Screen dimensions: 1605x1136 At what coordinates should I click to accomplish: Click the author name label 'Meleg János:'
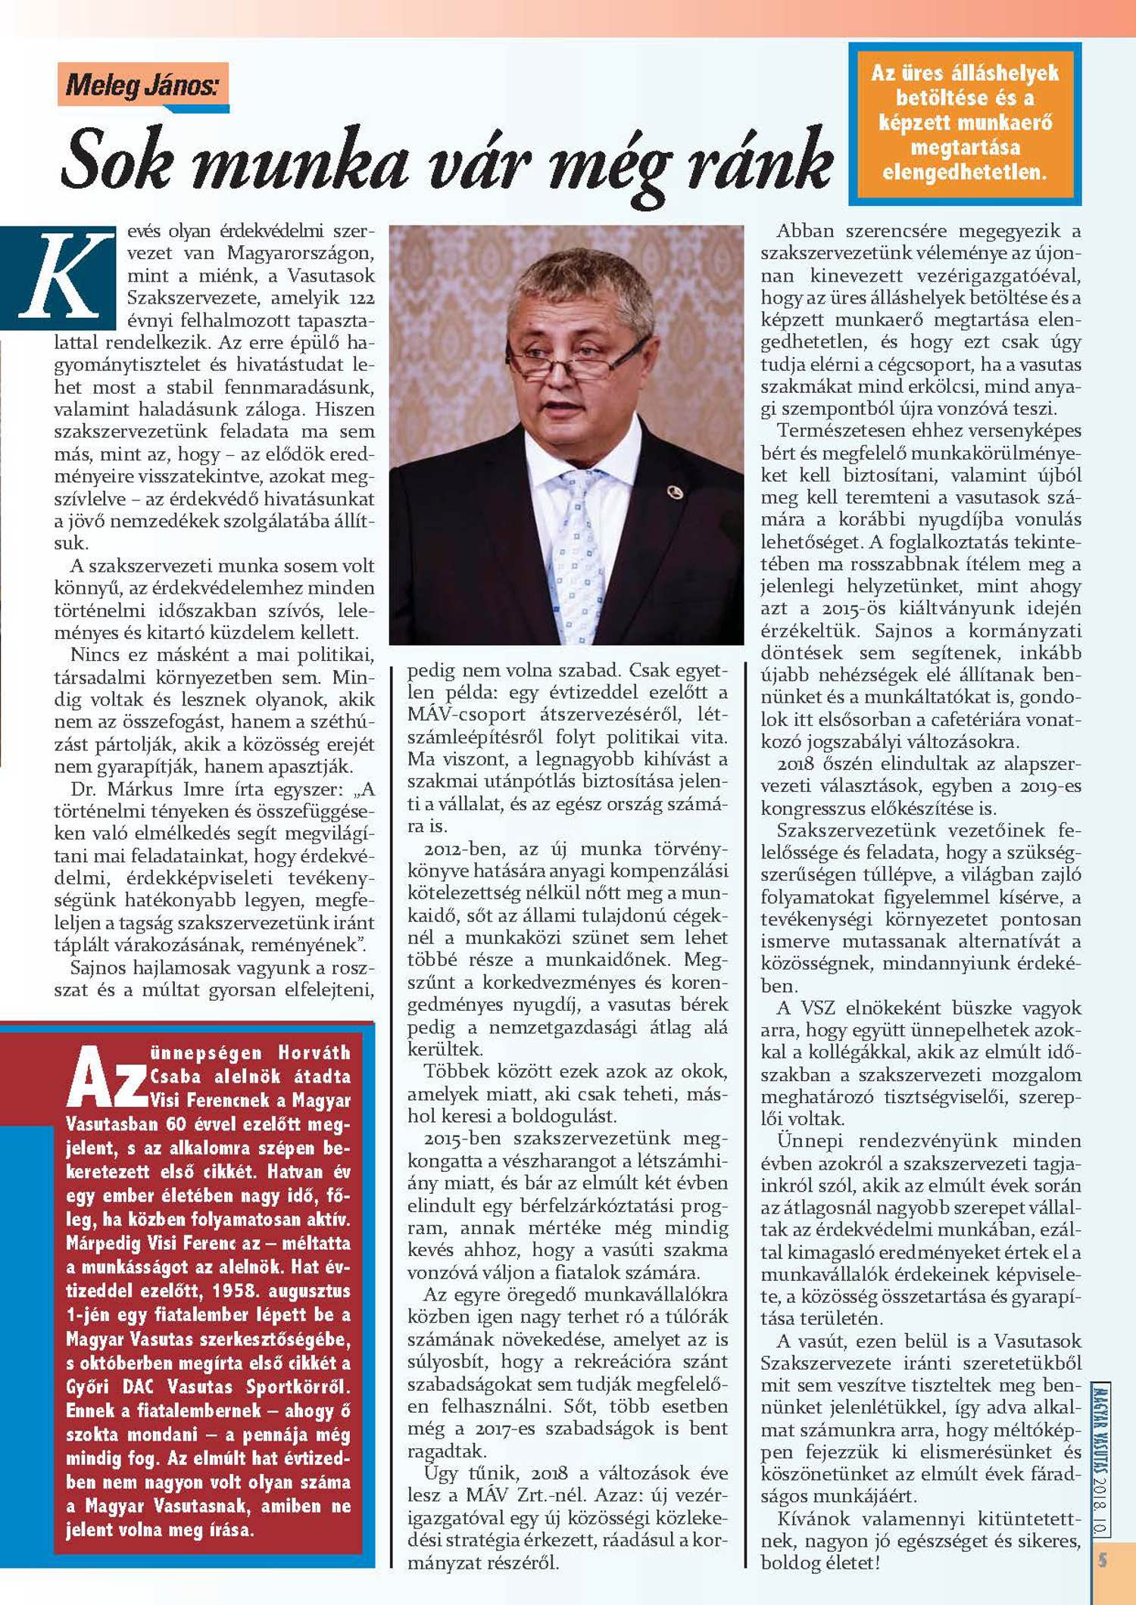[142, 84]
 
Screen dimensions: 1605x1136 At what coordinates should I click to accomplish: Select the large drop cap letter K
[59, 276]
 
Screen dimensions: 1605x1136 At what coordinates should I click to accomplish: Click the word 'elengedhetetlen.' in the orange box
[964, 173]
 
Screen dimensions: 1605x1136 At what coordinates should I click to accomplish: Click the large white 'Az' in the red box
[106, 1077]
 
